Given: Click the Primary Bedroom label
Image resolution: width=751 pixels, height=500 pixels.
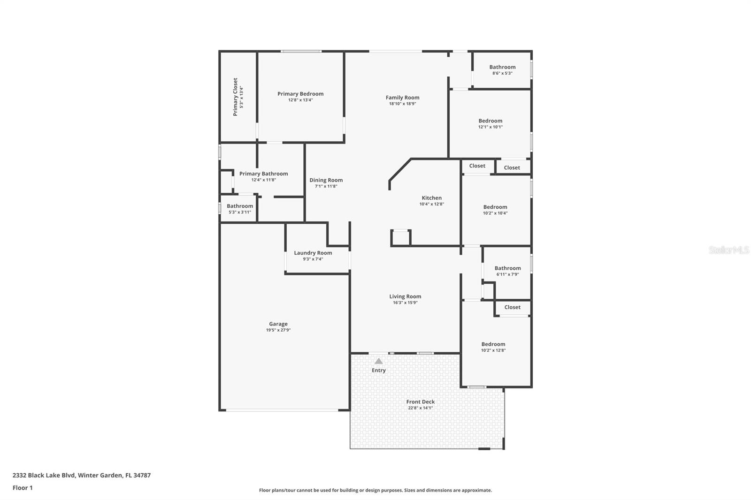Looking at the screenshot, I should click(x=300, y=94).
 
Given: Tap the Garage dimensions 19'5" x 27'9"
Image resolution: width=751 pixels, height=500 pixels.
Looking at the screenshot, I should click(x=278, y=330).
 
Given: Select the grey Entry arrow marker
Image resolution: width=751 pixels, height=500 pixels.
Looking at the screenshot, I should click(x=378, y=361).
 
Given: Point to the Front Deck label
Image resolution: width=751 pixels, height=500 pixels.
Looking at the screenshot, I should click(x=420, y=402).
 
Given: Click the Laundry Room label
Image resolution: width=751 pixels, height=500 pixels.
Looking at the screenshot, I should click(x=313, y=253).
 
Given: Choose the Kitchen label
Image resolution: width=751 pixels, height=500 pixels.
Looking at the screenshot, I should click(x=431, y=198).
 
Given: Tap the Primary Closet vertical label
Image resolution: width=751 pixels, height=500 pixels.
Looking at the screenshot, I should click(x=235, y=97).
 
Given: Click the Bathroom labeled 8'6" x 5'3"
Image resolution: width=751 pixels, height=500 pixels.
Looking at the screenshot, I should click(x=502, y=67).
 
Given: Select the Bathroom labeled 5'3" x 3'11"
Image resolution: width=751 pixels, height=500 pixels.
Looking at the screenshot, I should click(x=240, y=206).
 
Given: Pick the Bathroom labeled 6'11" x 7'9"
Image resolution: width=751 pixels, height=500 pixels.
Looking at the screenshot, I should click(x=507, y=268).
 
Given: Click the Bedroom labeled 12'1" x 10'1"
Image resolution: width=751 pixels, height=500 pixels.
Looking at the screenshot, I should click(x=490, y=121).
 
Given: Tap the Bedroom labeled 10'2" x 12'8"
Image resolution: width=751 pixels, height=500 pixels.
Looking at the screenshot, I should click(x=493, y=344).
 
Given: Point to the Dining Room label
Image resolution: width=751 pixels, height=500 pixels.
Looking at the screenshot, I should click(x=326, y=180).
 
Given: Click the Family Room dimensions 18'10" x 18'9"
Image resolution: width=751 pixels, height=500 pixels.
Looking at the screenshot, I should click(x=402, y=104).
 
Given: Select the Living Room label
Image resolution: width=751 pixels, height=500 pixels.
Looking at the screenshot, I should click(x=405, y=296).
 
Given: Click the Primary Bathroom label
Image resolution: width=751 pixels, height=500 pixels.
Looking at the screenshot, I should click(x=263, y=174).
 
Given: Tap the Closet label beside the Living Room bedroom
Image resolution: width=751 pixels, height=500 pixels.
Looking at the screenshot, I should click(x=512, y=307).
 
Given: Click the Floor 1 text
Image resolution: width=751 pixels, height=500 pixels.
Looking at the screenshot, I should click(x=23, y=488).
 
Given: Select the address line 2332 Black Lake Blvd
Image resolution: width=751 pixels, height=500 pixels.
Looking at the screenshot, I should click(x=81, y=475).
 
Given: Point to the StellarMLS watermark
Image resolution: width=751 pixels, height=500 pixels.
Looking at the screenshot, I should click(x=728, y=250).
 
